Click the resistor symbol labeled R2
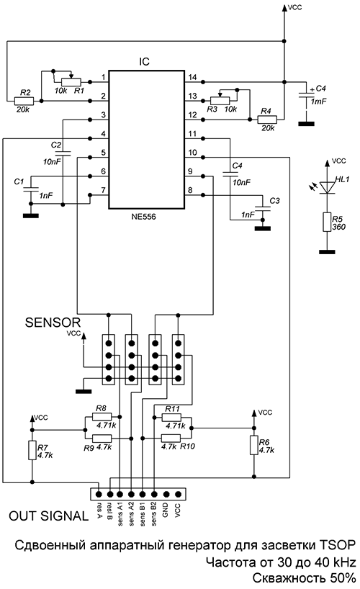pyautogui.click(x=24, y=101)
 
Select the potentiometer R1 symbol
pyautogui.click(x=71, y=81)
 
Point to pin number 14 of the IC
pyautogui.click(x=192, y=77)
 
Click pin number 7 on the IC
pyautogui.click(x=103, y=190)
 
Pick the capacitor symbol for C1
pyautogui.click(x=31, y=189)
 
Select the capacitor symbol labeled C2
pyautogui.click(x=63, y=153)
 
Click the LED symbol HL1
pyautogui.click(x=327, y=187)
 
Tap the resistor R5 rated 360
pyautogui.click(x=327, y=222)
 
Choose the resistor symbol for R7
pyautogui.click(x=32, y=450)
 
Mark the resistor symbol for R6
pyautogui.click(x=254, y=446)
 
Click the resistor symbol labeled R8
pyautogui.click(x=102, y=417)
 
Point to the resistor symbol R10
pyautogui.click(x=171, y=438)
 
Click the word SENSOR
pyautogui.click(x=53, y=323)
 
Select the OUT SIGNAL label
pyautogui.click(x=48, y=516)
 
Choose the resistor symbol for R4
pyautogui.click(x=267, y=120)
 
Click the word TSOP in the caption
pyautogui.click(x=337, y=545)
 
